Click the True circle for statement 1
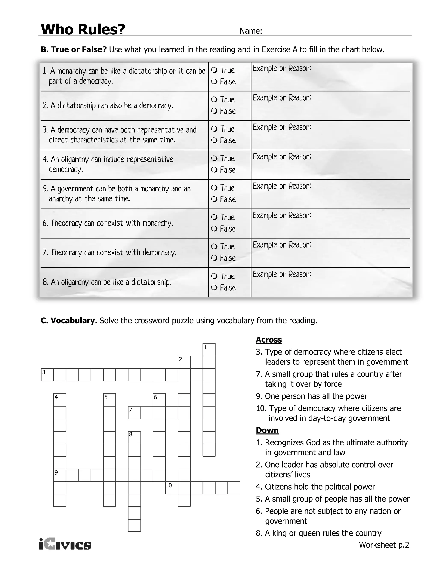tap(214, 70)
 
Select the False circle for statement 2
tap(214, 111)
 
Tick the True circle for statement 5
tap(214, 188)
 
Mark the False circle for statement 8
tap(214, 287)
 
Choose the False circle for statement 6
tap(214, 229)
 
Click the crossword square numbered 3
tap(47, 375)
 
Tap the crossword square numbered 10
tap(172, 488)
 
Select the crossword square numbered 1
tap(209, 350)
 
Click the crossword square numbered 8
tap(134, 438)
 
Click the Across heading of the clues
tap(269, 340)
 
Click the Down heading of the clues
tap(267, 430)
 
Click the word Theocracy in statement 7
tap(66, 252)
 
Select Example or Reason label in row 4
tap(282, 157)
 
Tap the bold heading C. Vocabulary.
tap(69, 321)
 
